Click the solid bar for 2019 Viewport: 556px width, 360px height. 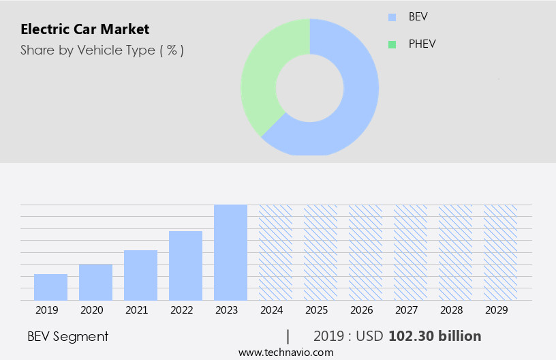(x=50, y=287)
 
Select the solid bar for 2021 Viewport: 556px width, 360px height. (x=140, y=275)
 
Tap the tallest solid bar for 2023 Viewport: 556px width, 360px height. (x=230, y=252)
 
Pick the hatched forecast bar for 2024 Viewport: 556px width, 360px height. (x=275, y=252)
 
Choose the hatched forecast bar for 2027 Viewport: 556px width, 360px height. (x=410, y=252)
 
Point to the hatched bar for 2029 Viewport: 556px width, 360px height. (x=500, y=252)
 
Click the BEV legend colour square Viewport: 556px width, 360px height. (x=392, y=17)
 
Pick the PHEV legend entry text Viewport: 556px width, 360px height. (x=423, y=44)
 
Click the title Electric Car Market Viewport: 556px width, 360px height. (x=84, y=29)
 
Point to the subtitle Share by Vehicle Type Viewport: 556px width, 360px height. (x=102, y=50)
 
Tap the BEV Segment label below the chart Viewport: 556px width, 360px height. (x=67, y=336)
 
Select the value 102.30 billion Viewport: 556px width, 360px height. (x=435, y=336)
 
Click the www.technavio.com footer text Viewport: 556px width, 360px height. (x=285, y=352)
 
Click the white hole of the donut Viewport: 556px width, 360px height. (x=309, y=87)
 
